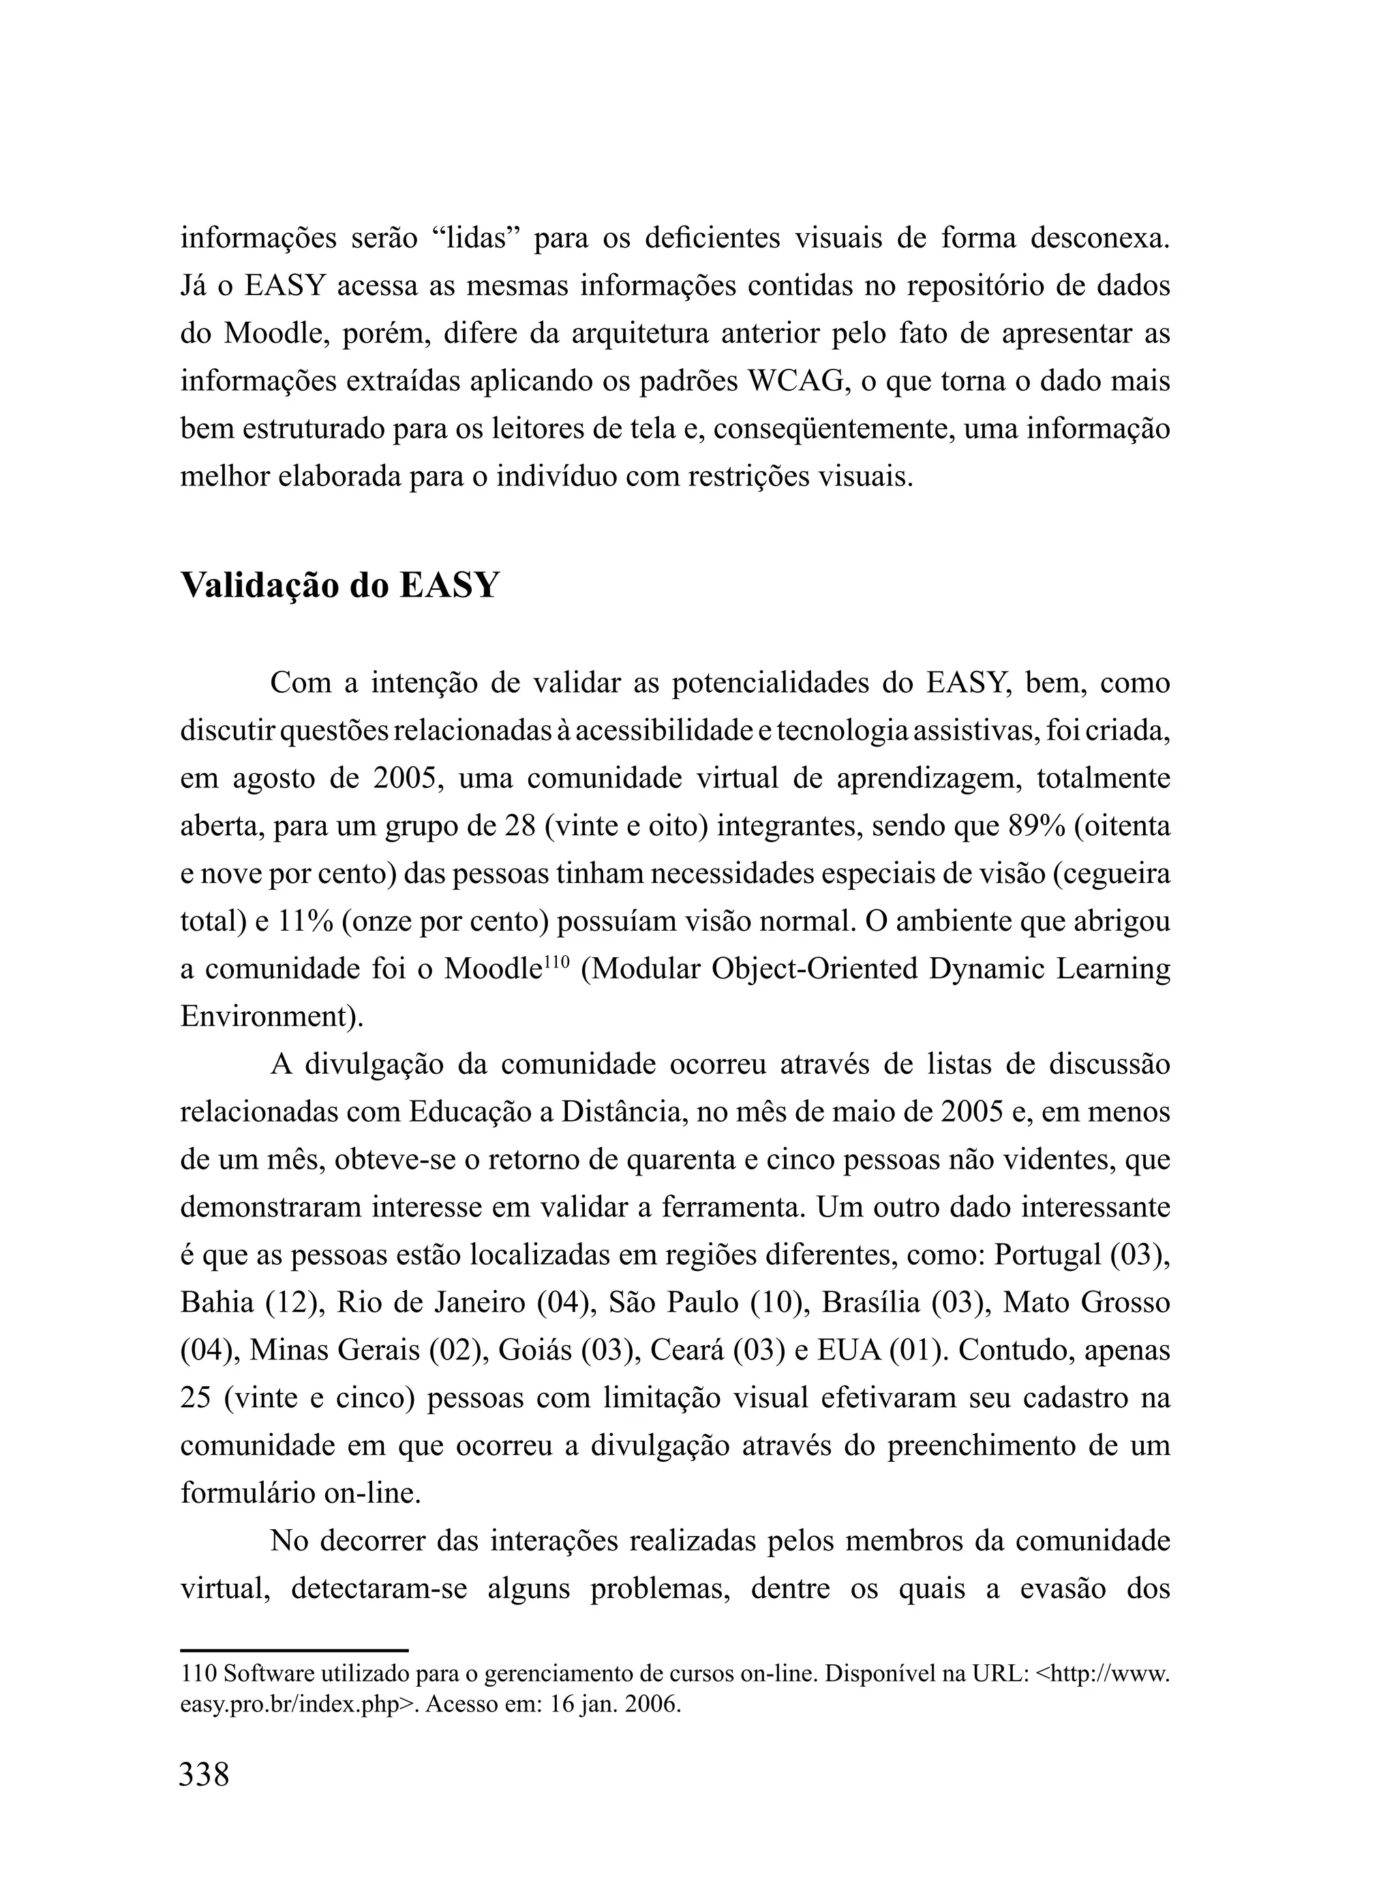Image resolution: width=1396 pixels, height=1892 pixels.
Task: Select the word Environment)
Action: point(271,1016)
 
